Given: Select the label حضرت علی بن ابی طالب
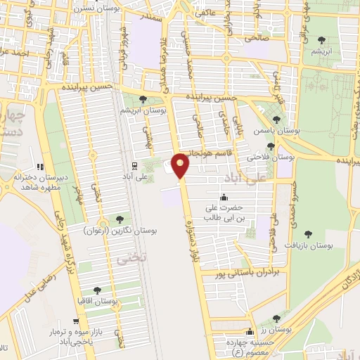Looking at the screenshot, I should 224,213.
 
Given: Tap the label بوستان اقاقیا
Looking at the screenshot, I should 97,302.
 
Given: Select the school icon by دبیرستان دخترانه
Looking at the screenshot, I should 40,167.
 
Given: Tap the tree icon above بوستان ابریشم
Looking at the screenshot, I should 143,99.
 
